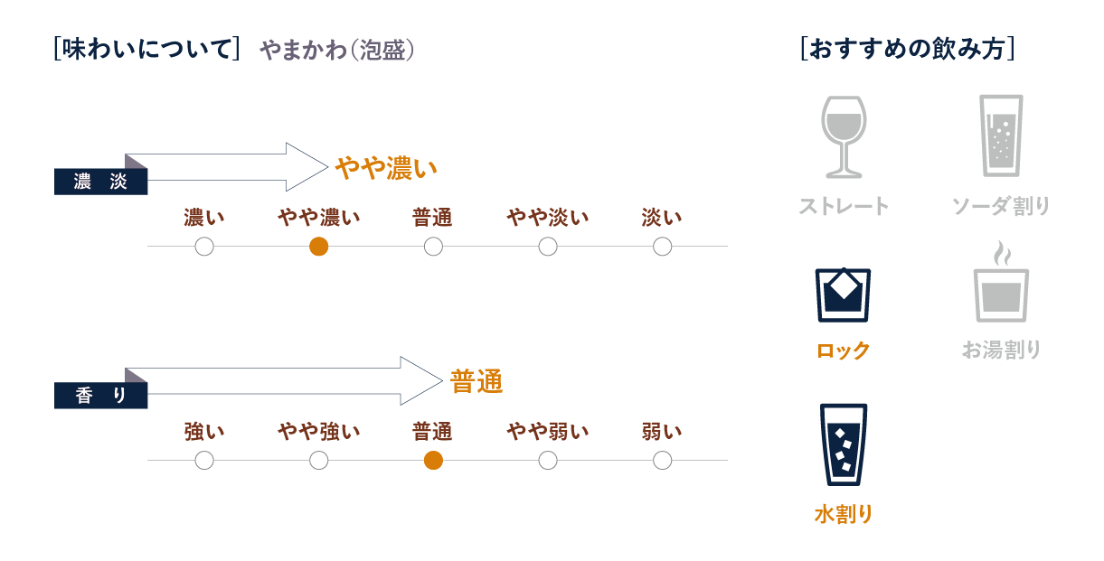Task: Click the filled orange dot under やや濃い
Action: [318, 247]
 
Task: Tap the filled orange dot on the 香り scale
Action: [433, 461]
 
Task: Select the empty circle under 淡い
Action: [662, 247]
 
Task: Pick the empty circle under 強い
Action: [204, 461]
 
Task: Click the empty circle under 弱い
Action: [662, 461]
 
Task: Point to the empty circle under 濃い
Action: [204, 247]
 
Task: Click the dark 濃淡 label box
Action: [100, 182]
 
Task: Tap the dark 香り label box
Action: [100, 396]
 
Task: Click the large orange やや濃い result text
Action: [386, 168]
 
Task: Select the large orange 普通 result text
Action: [477, 382]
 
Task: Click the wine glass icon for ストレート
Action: [843, 136]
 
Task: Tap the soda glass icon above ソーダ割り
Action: [1001, 136]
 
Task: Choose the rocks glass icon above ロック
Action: [843, 295]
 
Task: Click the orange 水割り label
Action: [843, 515]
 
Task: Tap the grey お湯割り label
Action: [1001, 350]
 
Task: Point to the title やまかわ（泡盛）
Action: [336, 51]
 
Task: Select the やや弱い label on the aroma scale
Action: [547, 432]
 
